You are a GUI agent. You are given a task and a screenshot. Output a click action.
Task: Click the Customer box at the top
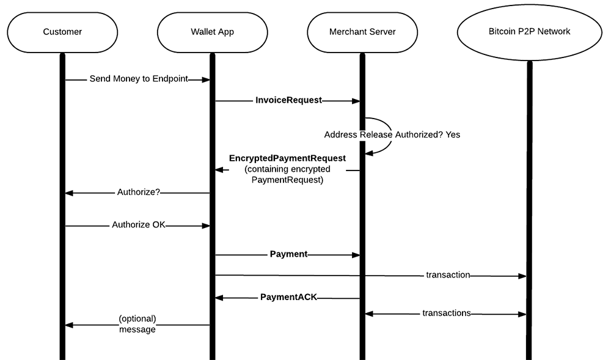coord(62,31)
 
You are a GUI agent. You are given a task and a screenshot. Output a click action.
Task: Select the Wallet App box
coord(212,31)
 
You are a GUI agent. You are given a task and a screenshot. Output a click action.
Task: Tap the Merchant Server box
coord(362,31)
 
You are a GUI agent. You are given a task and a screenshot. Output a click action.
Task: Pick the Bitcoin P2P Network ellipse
coord(529,31)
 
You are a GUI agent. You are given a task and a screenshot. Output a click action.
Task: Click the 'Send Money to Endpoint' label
coord(138,79)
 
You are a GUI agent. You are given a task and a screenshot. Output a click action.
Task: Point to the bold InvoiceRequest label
coord(288,100)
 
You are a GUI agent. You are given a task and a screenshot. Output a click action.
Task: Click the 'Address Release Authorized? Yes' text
coord(392,134)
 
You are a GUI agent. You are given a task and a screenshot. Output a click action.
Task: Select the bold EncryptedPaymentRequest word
coord(287,158)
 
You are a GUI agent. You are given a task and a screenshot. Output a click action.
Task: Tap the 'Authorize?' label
coord(139,193)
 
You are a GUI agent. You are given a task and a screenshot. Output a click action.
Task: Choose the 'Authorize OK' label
coord(139,225)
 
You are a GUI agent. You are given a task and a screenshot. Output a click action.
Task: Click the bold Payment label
coord(288,254)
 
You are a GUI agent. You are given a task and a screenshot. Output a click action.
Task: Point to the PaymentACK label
coord(288,298)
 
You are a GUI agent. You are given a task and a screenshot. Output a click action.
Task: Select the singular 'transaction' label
coord(448,275)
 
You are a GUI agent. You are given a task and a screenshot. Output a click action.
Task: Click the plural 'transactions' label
coord(447,313)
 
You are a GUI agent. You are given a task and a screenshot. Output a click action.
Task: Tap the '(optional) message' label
coord(137,324)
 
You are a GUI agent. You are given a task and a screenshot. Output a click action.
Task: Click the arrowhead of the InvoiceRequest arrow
coord(356,100)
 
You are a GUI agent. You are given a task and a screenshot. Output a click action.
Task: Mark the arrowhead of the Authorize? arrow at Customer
coord(69,193)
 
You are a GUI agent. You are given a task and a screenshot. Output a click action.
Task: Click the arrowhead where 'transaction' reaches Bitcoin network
coord(522,276)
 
